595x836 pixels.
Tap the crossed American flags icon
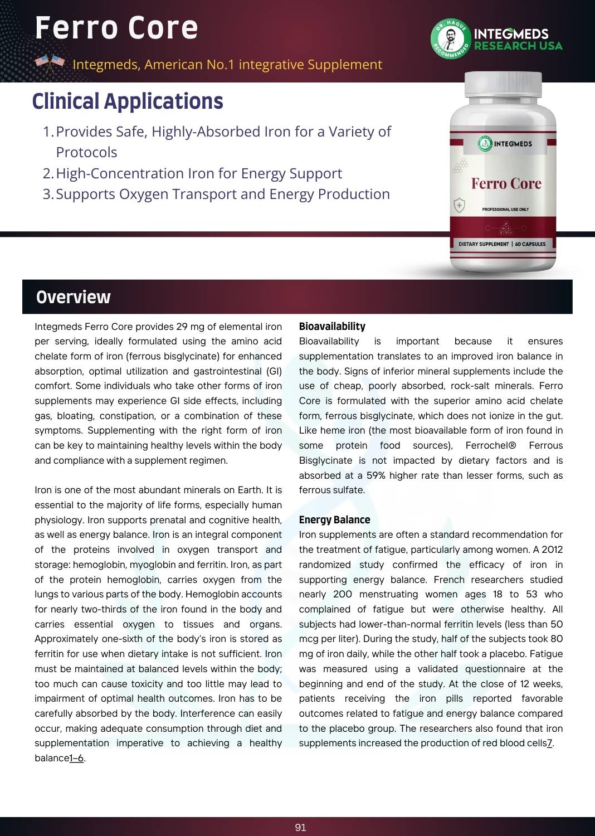(50, 64)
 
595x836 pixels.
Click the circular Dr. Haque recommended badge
(450, 38)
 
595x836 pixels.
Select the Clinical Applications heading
(128, 101)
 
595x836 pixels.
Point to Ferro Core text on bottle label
(506, 183)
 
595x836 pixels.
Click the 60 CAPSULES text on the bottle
(530, 244)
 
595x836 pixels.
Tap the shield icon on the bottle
(459, 205)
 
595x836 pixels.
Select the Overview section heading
(74, 297)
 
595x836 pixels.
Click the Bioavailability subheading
(332, 327)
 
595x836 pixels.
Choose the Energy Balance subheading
(334, 520)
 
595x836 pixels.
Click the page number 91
(300, 828)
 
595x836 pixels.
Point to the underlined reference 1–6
(76, 758)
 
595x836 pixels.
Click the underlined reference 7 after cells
(549, 743)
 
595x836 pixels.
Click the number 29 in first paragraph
(182, 327)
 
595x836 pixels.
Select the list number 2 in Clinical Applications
(47, 173)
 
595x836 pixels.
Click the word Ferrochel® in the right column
(491, 445)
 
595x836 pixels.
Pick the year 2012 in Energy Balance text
(552, 550)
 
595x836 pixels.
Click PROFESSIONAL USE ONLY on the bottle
(505, 210)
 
